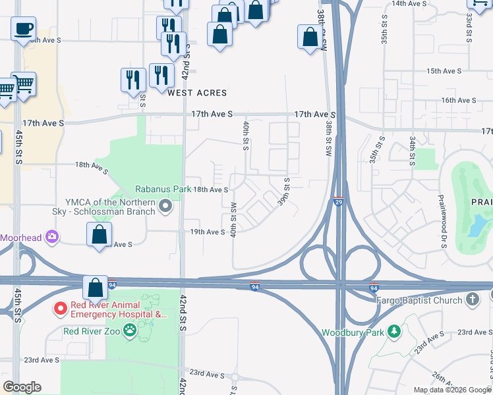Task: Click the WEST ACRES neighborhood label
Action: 196,93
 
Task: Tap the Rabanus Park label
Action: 163,189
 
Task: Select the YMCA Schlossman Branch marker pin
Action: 166,207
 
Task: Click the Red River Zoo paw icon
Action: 130,331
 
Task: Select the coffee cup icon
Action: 23,29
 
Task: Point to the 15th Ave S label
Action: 443,70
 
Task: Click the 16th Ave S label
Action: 459,100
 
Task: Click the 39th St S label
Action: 285,191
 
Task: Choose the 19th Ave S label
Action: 208,232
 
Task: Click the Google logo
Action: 22,387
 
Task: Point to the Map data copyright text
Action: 451,390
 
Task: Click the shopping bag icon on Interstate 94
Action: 96,288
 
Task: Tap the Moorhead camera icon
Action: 52,236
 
